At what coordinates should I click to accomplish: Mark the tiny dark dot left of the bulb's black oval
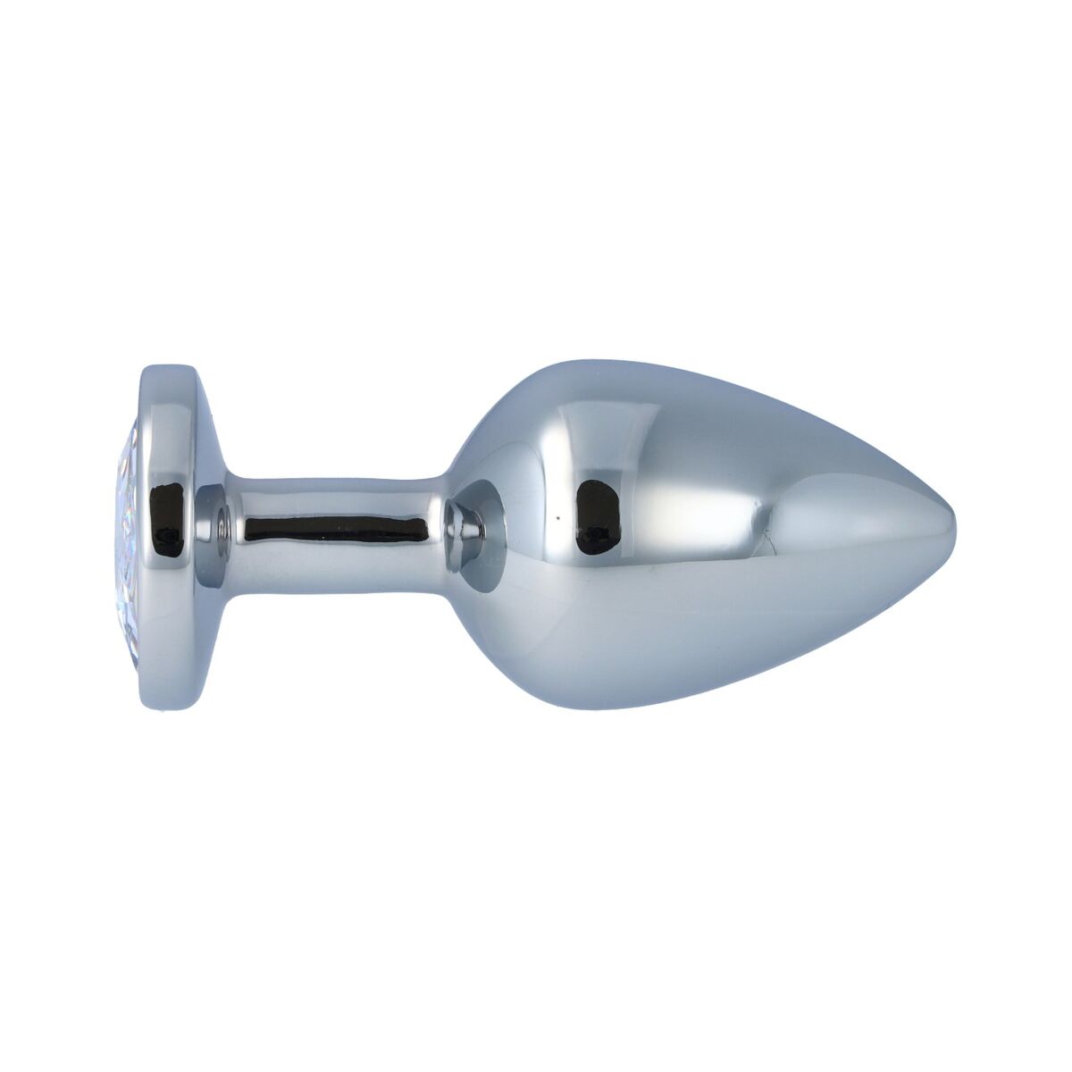click(x=558, y=516)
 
